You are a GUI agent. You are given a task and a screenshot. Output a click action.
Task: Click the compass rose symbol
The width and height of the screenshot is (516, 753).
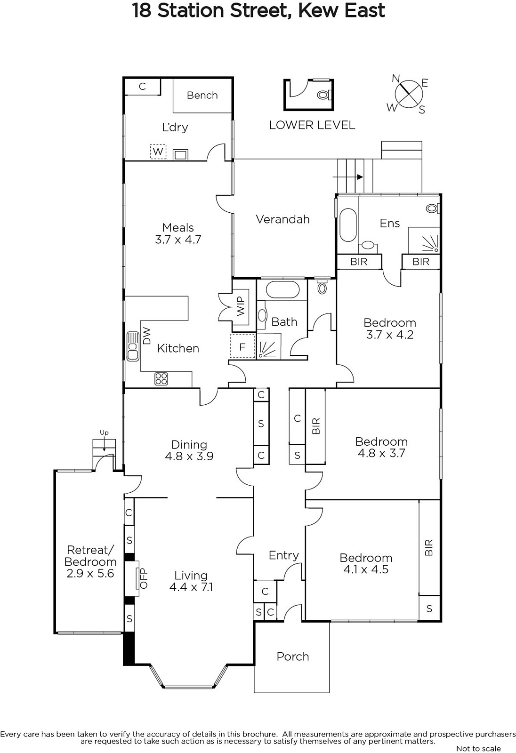(408, 94)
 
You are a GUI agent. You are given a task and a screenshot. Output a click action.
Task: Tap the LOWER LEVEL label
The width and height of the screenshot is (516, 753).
(312, 125)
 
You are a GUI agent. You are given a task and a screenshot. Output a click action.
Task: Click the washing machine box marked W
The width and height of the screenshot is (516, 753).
(158, 152)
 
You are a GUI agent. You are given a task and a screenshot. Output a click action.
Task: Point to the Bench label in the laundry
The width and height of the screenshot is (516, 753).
(202, 95)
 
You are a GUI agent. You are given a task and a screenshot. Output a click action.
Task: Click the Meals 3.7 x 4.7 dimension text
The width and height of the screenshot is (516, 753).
(178, 240)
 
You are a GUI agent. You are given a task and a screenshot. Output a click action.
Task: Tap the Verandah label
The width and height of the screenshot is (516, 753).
(282, 219)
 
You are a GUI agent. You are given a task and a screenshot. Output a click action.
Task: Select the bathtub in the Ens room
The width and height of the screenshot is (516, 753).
(348, 225)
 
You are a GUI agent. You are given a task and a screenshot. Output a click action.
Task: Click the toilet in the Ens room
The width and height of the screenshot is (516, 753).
(433, 208)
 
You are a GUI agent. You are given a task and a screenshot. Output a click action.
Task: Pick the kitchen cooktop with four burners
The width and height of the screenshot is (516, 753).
(161, 379)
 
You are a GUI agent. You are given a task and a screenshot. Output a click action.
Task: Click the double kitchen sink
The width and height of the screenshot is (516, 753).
(133, 346)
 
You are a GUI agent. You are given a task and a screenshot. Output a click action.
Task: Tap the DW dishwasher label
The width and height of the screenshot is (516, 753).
(147, 336)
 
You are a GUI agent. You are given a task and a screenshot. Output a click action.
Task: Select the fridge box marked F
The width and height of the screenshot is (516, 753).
(242, 346)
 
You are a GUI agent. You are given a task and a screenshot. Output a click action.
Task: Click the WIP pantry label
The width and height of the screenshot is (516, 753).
(241, 306)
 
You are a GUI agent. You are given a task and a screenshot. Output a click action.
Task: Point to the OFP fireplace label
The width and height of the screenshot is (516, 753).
(144, 578)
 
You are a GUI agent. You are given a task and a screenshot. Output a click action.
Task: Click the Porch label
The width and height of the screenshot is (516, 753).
(293, 657)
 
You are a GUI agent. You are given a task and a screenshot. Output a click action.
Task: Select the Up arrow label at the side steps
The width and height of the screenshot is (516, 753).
(104, 433)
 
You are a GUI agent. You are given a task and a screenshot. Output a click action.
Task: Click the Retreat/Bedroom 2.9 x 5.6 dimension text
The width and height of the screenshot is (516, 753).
(90, 573)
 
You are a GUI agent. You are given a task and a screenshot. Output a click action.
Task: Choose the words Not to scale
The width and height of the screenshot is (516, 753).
(478, 748)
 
